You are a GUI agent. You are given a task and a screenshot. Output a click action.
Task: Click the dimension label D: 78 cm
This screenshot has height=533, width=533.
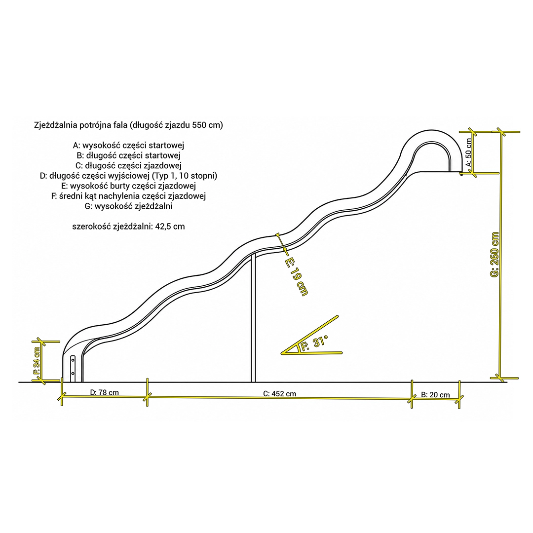pyautogui.click(x=104, y=393)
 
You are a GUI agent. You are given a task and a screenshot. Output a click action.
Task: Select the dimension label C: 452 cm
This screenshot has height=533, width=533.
pyautogui.click(x=279, y=394)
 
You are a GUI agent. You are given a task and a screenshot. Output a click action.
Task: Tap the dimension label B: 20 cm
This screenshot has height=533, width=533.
pyautogui.click(x=435, y=395)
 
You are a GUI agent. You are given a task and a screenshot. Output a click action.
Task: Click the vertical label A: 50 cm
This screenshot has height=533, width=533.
pyautogui.click(x=468, y=152)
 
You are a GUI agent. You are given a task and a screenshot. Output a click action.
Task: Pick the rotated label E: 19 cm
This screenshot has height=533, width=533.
pyautogui.click(x=296, y=277)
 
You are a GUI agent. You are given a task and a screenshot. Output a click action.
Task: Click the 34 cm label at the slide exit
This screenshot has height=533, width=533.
pyautogui.click(x=37, y=361)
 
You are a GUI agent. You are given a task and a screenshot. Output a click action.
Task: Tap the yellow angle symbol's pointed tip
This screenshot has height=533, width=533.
pyautogui.click(x=282, y=353)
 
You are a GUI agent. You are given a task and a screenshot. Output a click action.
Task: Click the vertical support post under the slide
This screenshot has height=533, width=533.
pyautogui.click(x=253, y=318)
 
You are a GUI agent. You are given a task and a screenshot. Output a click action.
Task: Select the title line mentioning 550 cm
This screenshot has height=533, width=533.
pyautogui.click(x=128, y=125)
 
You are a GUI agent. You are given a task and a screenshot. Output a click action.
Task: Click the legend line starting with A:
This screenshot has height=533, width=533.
pyautogui.click(x=128, y=146)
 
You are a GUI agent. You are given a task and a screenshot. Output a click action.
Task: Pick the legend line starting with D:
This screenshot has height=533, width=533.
pyautogui.click(x=128, y=176)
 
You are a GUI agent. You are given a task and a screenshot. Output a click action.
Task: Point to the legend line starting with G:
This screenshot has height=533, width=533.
pyautogui.click(x=128, y=206)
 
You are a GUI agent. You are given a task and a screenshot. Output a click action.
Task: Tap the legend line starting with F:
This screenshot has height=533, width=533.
pyautogui.click(x=128, y=196)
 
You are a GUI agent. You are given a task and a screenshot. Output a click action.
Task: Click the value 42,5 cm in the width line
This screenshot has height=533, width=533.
pyautogui.click(x=170, y=227)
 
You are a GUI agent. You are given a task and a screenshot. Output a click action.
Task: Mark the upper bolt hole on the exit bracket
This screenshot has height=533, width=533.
pyautogui.click(x=73, y=358)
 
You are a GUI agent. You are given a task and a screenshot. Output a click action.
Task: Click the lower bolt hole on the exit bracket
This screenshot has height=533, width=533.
pyautogui.click(x=73, y=373)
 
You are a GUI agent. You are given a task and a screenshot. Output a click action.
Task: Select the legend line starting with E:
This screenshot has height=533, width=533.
pyautogui.click(x=128, y=186)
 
